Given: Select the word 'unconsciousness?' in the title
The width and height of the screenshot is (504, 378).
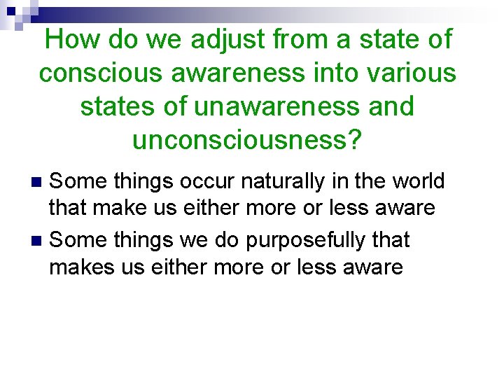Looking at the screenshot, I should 247,141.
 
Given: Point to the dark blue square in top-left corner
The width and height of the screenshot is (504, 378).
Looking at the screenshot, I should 13,11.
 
